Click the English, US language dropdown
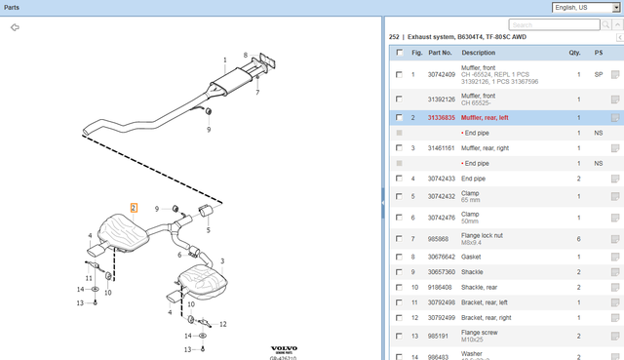pyautogui.click(x=586, y=7)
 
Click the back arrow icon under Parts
pyautogui.click(x=15, y=27)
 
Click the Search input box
pyautogui.click(x=561, y=24)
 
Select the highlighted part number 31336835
pyautogui.click(x=442, y=117)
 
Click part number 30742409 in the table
pyautogui.click(x=442, y=74)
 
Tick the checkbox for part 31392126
pyautogui.click(x=399, y=100)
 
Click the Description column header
pyautogui.click(x=479, y=52)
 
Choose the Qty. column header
pyautogui.click(x=574, y=52)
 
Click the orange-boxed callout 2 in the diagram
pyautogui.click(x=134, y=208)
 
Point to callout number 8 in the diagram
pyautogui.click(x=245, y=55)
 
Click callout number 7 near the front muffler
pyautogui.click(x=257, y=93)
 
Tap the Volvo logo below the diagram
pyautogui.click(x=284, y=348)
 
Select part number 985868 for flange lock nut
pyautogui.click(x=438, y=239)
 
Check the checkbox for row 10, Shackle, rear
pyautogui.click(x=399, y=288)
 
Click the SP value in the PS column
pyautogui.click(x=598, y=74)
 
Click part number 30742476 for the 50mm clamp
pyautogui.click(x=442, y=218)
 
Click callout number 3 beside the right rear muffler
pyautogui.click(x=221, y=261)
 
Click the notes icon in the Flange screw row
pyautogui.click(x=615, y=337)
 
